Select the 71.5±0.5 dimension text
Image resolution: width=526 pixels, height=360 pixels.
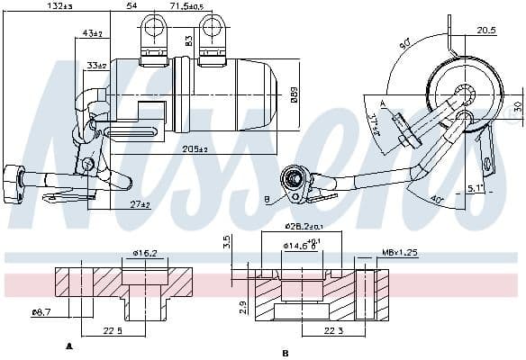point(186,6)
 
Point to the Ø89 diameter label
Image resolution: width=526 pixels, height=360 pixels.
point(294,92)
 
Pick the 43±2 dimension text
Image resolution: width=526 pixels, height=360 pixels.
point(91,33)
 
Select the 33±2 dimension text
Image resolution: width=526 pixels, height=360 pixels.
point(95,66)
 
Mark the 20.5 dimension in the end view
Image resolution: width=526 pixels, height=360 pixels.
point(485,31)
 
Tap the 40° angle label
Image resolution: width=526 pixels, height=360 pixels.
point(436,200)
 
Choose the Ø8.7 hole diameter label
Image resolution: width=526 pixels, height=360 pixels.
point(41,312)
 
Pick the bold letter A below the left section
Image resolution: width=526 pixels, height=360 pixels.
point(69,346)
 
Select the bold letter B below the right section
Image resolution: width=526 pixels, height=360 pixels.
point(285,352)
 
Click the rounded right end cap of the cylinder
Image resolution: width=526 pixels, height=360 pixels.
point(272,93)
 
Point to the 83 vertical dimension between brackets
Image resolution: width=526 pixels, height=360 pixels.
point(189,40)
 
